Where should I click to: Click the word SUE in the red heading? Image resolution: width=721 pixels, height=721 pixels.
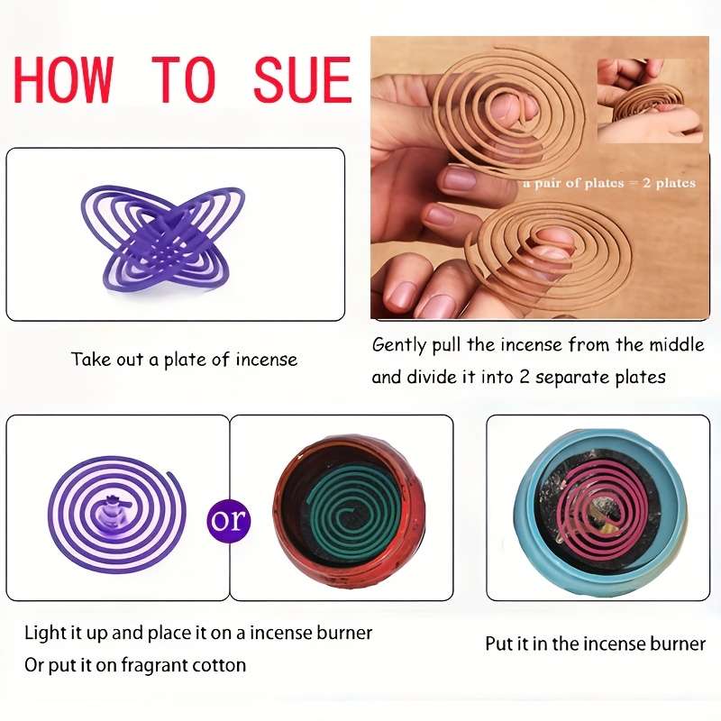pos(303,79)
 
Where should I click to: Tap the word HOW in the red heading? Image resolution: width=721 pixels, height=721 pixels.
pos(63,79)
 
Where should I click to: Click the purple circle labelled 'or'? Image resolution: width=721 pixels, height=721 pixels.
pos(229,520)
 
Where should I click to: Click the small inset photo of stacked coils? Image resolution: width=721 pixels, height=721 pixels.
pos(650,101)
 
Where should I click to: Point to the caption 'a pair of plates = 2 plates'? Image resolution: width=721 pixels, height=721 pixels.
pos(609,183)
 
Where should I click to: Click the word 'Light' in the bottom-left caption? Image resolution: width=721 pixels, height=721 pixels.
pos(40,634)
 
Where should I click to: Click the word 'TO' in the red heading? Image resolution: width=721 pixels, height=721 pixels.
pos(184,79)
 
